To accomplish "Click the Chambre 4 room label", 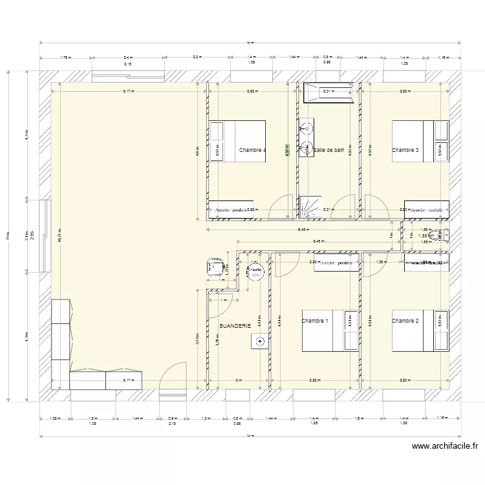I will (252, 151).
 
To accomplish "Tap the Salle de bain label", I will (329, 150).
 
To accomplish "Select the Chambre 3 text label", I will (405, 151).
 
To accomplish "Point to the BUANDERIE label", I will (235, 327).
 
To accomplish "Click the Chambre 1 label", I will (315, 321).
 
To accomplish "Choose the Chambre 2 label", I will (405, 321).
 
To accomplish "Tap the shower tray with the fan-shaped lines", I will (308, 206).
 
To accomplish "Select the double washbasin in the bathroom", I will (305, 138).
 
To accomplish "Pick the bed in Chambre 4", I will (237, 141).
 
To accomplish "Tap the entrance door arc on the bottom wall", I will (173, 378).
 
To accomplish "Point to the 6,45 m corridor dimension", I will (303, 229).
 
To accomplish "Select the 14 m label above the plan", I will (250, 43).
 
